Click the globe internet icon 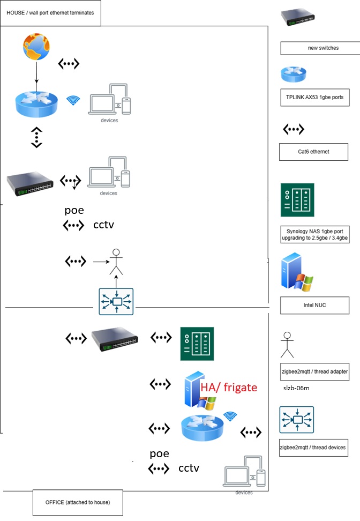(x=36, y=47)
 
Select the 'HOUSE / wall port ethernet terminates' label (x=50, y=12)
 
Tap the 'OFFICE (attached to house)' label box (x=78, y=502)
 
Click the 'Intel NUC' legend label (x=314, y=305)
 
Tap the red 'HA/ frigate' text (x=229, y=388)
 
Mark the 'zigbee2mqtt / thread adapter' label (x=314, y=371)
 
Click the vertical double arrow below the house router (x=36, y=137)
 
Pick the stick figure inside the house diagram (x=116, y=261)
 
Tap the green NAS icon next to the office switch (x=197, y=344)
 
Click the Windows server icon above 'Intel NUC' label (x=296, y=274)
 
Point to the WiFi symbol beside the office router (x=230, y=416)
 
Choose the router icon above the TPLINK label (x=293, y=75)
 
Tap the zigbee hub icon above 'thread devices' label (x=296, y=420)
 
